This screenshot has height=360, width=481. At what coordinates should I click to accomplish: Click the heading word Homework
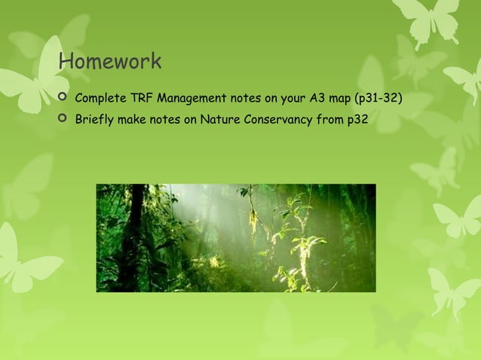[110, 60]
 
